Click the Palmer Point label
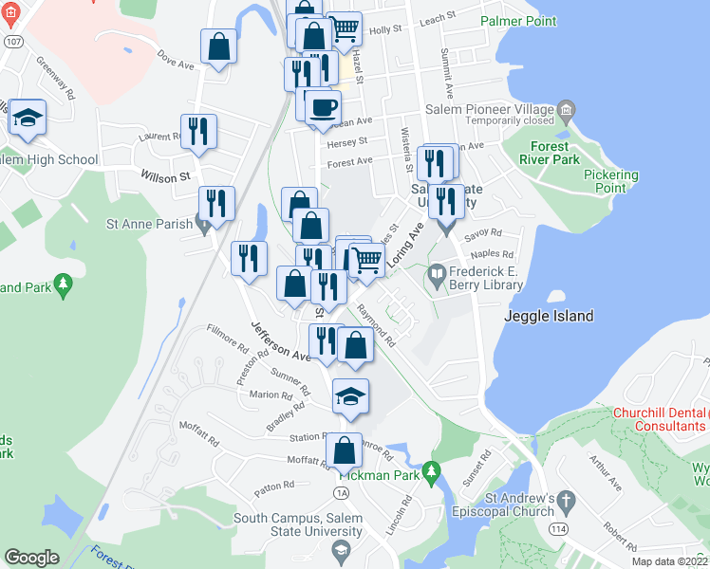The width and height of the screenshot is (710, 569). coord(519,19)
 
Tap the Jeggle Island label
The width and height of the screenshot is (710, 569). coord(550,316)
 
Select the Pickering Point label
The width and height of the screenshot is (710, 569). coord(611,181)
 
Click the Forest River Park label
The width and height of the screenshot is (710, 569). coord(549,153)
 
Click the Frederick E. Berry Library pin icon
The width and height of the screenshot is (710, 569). coord(437,277)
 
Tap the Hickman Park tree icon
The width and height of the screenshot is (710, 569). coord(432,470)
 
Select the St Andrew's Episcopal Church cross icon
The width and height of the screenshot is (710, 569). coord(567,501)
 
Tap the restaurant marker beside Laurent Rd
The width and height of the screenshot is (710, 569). coord(199,132)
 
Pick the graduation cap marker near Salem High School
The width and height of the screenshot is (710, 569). coord(28,119)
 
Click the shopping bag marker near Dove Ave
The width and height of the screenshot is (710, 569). coord(218,46)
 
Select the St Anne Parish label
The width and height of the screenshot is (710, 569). coord(149,225)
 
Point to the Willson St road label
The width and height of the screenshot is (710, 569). coord(165,176)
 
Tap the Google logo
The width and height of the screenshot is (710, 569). coord(31,558)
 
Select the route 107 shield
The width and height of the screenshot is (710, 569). coord(12,42)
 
